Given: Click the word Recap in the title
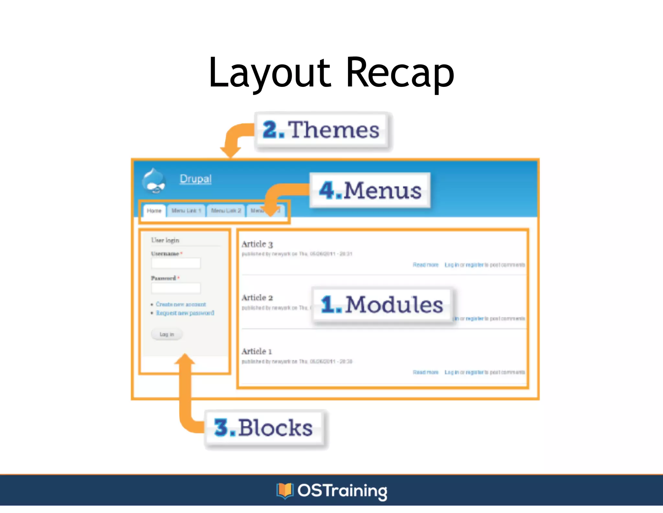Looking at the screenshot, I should [x=400, y=73].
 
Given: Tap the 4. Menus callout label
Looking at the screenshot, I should [x=370, y=190].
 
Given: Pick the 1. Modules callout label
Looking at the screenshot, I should [x=382, y=305].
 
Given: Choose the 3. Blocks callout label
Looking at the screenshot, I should [x=264, y=428].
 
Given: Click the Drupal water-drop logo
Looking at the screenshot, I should [x=154, y=181].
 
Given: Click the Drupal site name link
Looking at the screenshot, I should [x=196, y=179].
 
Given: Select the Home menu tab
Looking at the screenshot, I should [x=154, y=211].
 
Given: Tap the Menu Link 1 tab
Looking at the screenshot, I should [x=186, y=211].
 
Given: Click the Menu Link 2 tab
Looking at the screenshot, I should [x=226, y=211].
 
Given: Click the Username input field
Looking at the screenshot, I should [x=176, y=263].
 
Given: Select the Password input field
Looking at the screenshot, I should [x=176, y=288].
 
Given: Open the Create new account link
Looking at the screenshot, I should [x=181, y=304].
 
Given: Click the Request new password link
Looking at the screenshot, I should [x=185, y=313].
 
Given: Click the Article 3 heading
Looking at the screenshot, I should [x=257, y=244].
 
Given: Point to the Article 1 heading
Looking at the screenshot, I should [x=257, y=352].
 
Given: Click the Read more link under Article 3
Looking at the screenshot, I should [x=425, y=265].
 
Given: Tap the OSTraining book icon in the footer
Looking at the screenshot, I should [x=285, y=491].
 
